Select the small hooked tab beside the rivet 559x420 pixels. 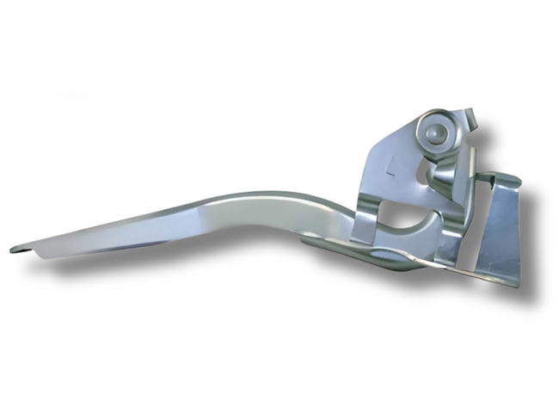[x=468, y=116]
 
